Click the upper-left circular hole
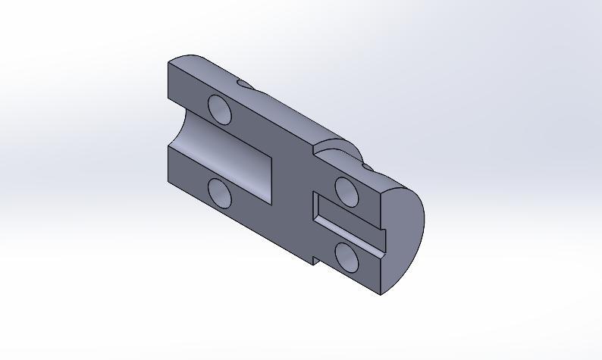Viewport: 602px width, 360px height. (219, 109)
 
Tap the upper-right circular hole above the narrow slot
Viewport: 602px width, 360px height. (347, 191)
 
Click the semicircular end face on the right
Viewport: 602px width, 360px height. (405, 235)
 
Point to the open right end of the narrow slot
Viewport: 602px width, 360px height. (383, 239)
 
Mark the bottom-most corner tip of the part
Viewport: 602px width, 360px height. (381, 295)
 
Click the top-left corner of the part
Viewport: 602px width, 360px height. (168, 64)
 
